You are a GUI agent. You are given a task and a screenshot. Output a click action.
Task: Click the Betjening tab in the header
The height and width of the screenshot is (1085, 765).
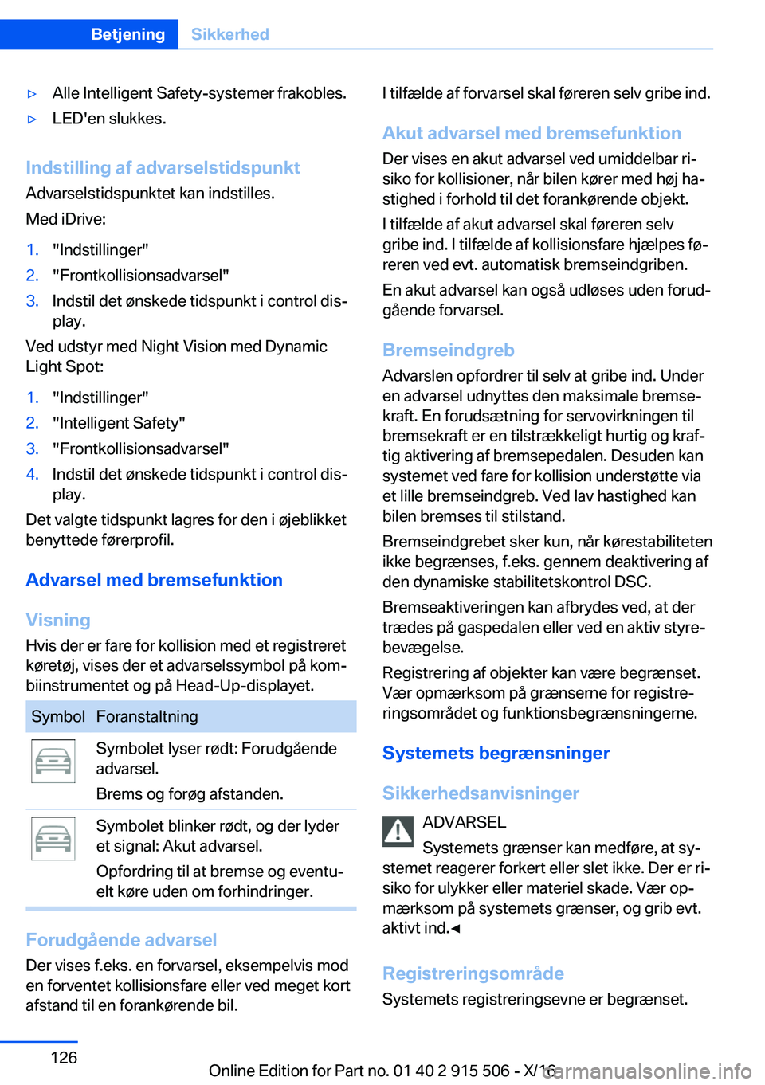pos(127,34)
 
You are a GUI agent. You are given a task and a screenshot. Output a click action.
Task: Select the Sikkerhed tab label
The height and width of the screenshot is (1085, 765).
pos(230,34)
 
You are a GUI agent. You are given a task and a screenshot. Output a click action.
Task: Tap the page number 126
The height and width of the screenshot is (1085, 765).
pos(64,1057)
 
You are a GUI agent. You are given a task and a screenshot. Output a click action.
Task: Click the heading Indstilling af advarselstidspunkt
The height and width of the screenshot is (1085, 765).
pos(163,167)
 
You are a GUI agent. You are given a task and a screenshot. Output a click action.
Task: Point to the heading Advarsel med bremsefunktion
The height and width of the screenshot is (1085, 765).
pos(154,580)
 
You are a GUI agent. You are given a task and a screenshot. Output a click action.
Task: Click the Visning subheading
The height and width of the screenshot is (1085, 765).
pos(58,620)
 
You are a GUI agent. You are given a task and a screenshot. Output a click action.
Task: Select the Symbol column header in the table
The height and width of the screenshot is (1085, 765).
pos(58,716)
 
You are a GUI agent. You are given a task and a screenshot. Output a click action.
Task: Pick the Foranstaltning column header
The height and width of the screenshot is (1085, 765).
pos(147,716)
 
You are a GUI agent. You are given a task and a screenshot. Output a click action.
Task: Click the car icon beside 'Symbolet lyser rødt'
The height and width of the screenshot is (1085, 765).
pos(53,761)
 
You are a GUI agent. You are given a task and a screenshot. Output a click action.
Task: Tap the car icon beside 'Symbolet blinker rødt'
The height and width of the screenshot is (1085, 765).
pos(53,838)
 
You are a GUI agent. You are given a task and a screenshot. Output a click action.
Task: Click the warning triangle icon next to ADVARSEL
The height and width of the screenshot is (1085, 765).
pos(398,831)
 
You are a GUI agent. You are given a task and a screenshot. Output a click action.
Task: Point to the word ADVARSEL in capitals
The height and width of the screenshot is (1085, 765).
pos(464,822)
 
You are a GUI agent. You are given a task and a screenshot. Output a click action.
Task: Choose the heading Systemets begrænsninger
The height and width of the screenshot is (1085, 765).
pos(496,753)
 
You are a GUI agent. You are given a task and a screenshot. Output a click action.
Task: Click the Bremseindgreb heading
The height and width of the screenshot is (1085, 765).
pos(448,350)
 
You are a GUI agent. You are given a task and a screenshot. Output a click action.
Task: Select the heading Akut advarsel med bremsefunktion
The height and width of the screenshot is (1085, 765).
pos(532,133)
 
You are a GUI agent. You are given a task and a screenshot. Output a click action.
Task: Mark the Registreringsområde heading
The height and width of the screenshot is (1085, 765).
pos(473,973)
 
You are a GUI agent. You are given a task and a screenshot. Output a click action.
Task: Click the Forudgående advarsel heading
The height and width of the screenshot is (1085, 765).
pos(121,940)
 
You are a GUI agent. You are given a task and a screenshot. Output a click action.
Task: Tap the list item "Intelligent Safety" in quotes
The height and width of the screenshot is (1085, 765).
pos(119,423)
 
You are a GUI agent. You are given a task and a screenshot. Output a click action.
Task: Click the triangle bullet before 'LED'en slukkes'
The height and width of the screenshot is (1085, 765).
pos(33,119)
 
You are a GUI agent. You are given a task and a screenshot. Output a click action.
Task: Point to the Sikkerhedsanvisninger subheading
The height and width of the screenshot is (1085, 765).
pos(481,793)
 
